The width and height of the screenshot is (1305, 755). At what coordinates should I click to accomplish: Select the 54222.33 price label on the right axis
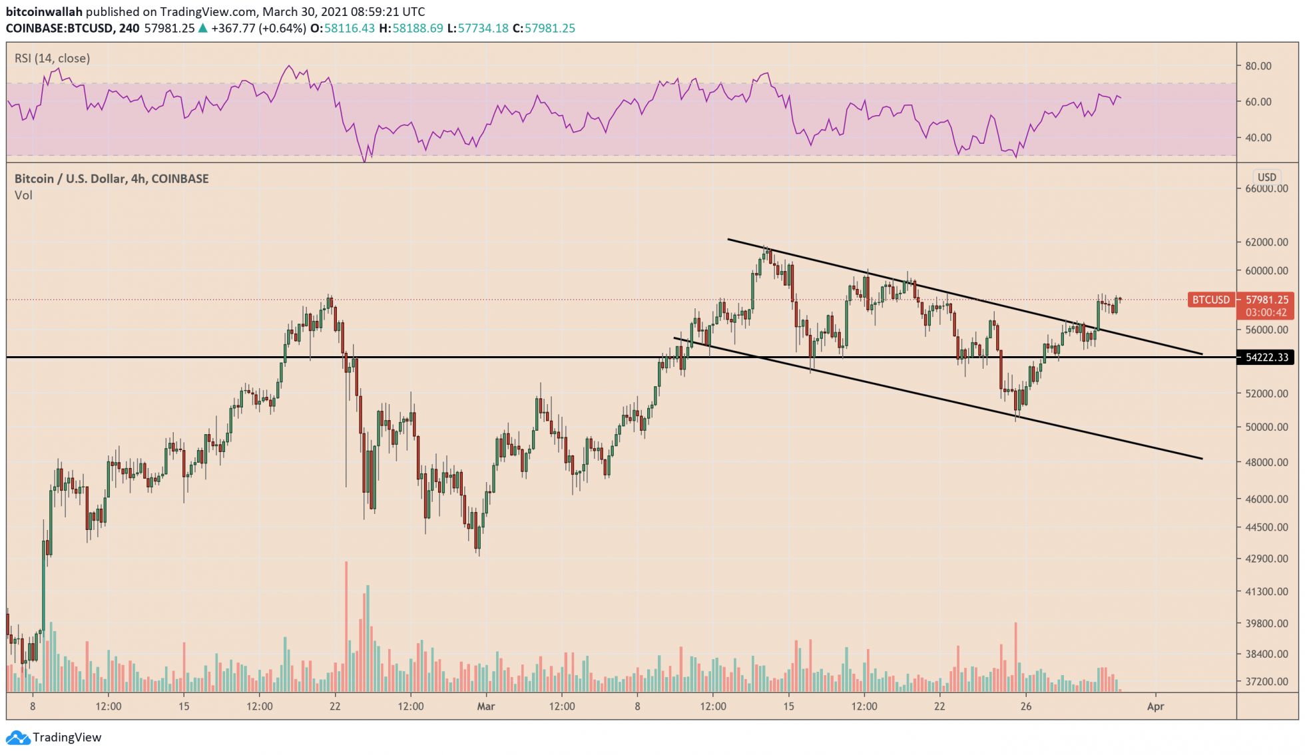(1266, 358)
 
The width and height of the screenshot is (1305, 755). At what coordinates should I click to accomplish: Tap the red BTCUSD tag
(1210, 300)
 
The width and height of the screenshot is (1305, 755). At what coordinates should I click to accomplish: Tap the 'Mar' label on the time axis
(486, 706)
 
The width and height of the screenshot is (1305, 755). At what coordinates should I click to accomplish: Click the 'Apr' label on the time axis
(1155, 706)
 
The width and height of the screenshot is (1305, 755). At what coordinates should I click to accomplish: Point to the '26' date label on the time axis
(1026, 706)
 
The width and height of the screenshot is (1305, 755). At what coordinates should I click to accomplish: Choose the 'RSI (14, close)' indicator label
(53, 59)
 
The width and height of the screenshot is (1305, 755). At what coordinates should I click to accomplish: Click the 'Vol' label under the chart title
(23, 195)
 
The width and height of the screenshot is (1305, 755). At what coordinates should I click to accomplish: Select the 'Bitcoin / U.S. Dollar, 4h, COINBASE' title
(112, 178)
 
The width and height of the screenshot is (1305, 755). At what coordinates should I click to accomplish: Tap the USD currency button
(1266, 177)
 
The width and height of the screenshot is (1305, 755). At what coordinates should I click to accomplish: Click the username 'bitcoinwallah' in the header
(44, 12)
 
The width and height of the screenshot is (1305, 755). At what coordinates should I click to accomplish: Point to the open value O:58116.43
(343, 28)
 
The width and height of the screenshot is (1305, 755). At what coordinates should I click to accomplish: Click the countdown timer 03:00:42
(1266, 312)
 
